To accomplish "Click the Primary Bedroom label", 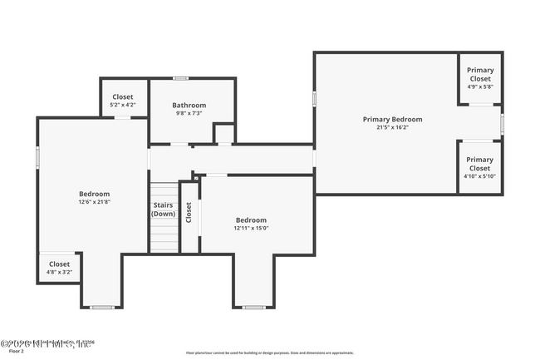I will (392, 119).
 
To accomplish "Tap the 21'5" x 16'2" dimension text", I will (392, 128).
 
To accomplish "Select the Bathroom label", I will (189, 105).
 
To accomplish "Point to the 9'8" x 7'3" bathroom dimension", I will (189, 114).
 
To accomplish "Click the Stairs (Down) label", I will (163, 209).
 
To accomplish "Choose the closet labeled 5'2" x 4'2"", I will (123, 101).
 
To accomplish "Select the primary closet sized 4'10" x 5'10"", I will (479, 167).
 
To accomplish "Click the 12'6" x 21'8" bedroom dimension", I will (94, 202).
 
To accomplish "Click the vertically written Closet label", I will (189, 213).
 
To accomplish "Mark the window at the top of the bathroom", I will (178, 78).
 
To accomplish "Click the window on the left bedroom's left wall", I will (37, 158).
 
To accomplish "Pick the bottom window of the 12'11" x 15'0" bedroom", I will (253, 308).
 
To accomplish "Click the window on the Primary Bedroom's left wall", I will (314, 98).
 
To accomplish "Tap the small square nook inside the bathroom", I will (223, 134).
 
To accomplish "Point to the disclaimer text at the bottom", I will (269, 353).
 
